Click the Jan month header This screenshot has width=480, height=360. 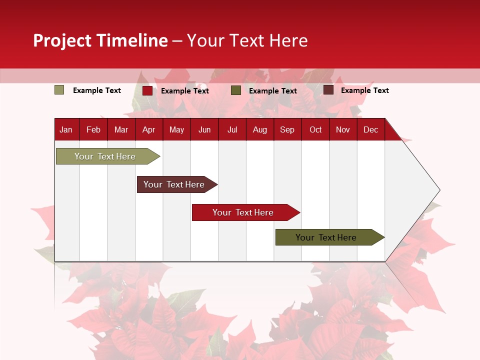point(66,129)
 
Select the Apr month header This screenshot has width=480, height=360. point(148,129)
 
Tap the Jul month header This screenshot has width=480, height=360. point(232,129)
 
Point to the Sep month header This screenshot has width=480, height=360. point(287,129)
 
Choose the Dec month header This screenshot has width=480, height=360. point(370,129)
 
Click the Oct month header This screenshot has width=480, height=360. point(315,129)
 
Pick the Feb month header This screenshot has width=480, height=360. point(93,129)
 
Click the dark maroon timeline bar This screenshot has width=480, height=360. point(175,184)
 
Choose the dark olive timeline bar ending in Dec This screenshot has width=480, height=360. point(328,237)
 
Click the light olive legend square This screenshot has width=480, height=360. point(59,90)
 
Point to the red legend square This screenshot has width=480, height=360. point(147,90)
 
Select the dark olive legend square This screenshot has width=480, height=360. point(236,90)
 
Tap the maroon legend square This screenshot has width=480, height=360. point(328,90)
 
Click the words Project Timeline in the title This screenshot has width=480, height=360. point(100,40)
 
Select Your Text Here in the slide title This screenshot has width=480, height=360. point(247,40)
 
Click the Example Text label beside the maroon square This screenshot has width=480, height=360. point(364,90)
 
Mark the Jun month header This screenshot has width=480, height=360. point(204,129)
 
